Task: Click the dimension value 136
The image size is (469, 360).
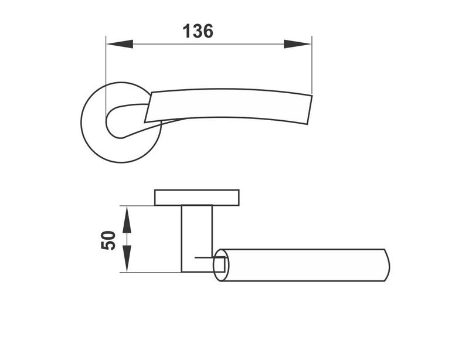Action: [x=198, y=31]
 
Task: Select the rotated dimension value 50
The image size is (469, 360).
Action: [x=109, y=240]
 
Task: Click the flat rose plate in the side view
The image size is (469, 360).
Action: [x=197, y=198]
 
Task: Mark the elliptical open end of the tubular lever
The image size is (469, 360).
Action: [x=220, y=266]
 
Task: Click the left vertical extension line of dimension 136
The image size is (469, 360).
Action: [x=106, y=70]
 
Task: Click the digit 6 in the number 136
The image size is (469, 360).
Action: [x=207, y=31]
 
